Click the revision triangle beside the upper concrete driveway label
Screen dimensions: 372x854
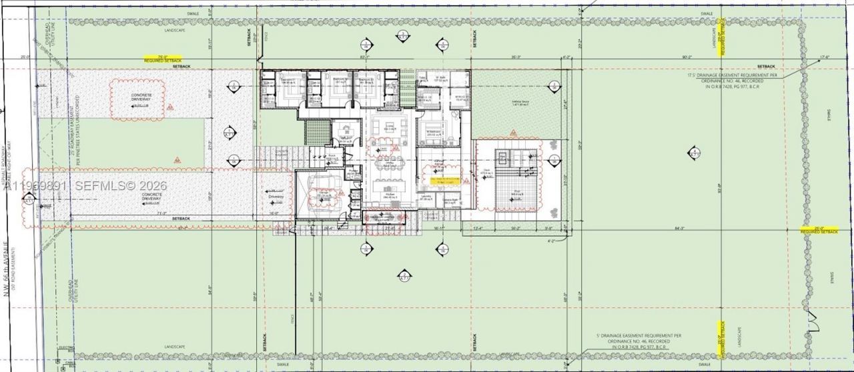[x=171, y=107]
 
